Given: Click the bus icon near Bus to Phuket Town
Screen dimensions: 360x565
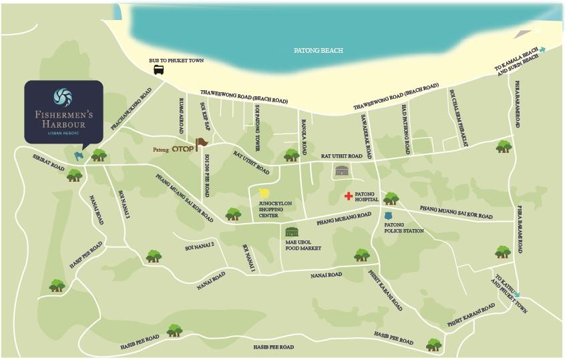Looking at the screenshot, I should pos(159,69).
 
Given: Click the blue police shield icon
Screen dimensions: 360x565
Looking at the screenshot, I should pos(389,216).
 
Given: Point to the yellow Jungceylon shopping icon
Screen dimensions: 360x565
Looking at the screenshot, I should pos(264,193).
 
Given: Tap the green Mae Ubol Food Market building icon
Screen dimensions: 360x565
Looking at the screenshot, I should pos(292,232).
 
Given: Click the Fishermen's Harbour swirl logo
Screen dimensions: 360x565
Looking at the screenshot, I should pos(63,97).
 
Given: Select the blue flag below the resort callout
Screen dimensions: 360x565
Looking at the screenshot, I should pos(79,156).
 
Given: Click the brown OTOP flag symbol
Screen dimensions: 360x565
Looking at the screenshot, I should pos(202,143).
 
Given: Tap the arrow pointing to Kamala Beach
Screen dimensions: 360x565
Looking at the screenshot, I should pos(542,49).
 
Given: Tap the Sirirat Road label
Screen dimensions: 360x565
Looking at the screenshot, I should pos(48,163).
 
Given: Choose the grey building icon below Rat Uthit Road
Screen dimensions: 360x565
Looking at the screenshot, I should pos(342,170).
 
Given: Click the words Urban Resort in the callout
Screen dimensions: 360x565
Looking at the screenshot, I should pos(63,133).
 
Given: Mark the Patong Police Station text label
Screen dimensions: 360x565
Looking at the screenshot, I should pos(403,228).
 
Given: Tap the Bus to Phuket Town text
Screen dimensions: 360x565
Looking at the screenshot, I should pos(176,60).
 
